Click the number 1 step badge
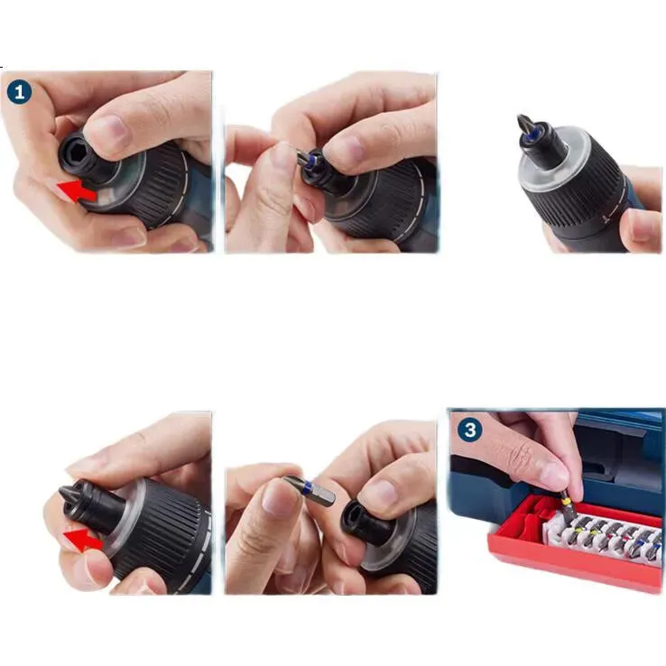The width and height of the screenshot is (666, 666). [x=19, y=93]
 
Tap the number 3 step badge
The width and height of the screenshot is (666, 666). [x=470, y=430]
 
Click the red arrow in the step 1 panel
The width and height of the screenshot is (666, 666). [x=78, y=191]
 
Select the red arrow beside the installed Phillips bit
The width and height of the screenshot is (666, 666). [x=83, y=540]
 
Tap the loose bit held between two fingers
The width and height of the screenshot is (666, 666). [x=310, y=491]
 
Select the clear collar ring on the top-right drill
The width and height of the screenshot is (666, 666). [x=553, y=162]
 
